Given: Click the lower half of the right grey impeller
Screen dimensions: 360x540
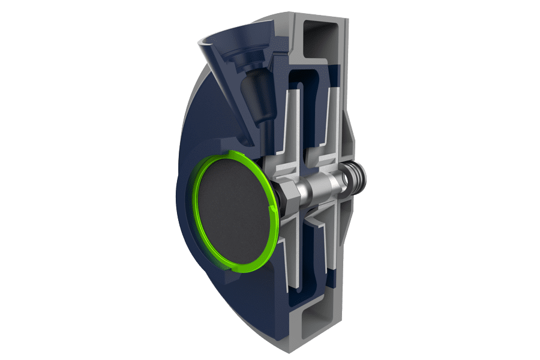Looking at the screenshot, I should click(x=325, y=246).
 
